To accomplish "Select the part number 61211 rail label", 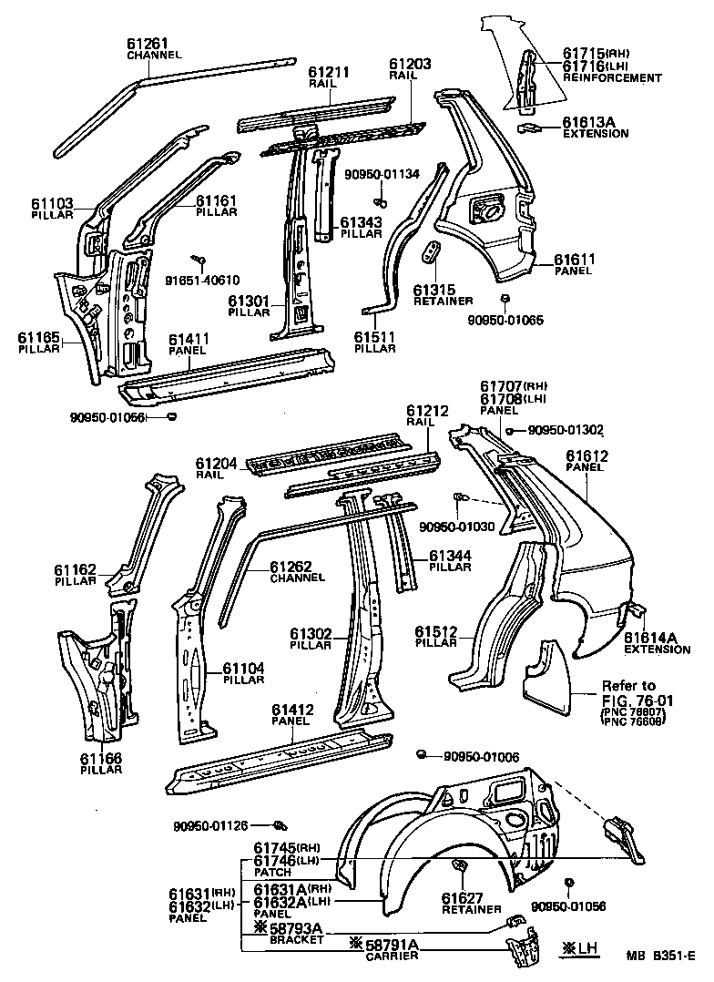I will tap(327, 71).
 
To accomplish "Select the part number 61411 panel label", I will tap(189, 340).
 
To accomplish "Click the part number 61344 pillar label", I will tap(450, 555).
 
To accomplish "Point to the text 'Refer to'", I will tap(628, 686).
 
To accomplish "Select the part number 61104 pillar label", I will tap(243, 668).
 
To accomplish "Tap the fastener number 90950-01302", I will tap(566, 430).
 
